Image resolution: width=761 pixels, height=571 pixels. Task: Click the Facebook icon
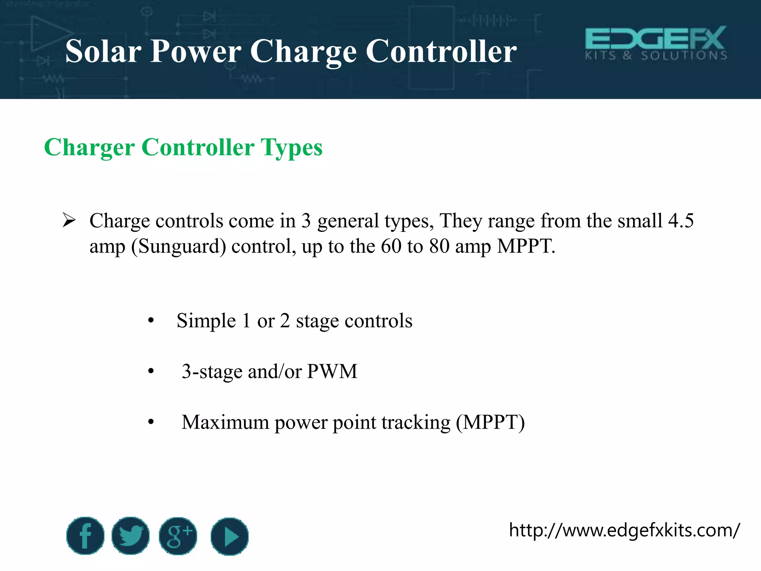click(85, 536)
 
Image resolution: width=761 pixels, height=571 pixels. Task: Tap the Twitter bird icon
click(130, 536)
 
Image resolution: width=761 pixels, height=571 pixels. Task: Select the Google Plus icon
click(178, 536)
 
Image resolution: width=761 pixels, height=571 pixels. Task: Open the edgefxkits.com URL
click(624, 530)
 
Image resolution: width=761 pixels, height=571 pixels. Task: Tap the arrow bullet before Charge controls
click(69, 220)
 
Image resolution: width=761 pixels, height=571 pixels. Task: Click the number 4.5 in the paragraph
click(681, 220)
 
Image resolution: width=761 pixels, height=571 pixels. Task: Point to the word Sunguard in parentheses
click(178, 246)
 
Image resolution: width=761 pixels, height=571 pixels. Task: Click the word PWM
click(332, 371)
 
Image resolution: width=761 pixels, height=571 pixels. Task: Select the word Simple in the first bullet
click(206, 321)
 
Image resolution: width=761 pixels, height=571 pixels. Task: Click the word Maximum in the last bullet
click(225, 422)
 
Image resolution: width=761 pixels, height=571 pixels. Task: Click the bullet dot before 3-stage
click(150, 371)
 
